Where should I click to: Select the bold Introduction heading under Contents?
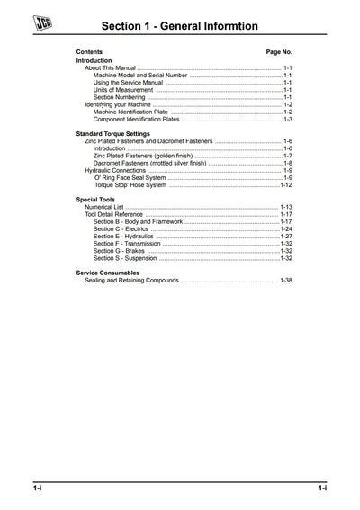coord(94,60)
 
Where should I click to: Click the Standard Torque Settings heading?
coord(112,134)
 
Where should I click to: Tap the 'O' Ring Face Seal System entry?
coord(130,177)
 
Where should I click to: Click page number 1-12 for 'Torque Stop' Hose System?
coord(286,184)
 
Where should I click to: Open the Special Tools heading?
coord(96,200)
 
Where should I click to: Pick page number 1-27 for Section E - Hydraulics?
coord(286,236)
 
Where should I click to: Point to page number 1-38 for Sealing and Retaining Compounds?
coord(286,281)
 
